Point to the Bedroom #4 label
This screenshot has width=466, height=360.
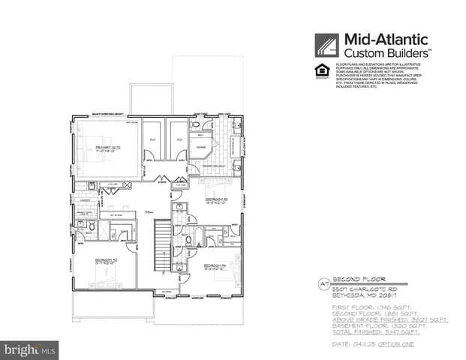[216, 266]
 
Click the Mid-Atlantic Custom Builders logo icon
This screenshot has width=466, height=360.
[327, 46]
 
